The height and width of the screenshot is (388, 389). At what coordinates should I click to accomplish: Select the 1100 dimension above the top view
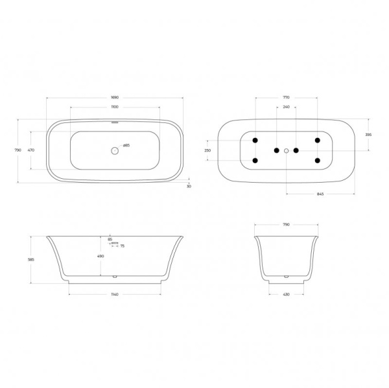point(114,106)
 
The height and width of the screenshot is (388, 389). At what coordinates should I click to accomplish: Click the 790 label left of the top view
point(18,150)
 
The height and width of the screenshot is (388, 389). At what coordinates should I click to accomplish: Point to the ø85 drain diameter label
point(126,146)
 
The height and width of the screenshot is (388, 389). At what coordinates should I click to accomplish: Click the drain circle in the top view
point(114,150)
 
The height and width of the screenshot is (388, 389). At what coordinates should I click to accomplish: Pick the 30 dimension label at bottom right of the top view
point(189,186)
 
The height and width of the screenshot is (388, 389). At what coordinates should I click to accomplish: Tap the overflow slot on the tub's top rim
point(115,121)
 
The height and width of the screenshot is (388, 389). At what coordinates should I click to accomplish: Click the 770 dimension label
point(286,97)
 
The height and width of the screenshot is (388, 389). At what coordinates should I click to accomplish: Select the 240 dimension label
point(286,106)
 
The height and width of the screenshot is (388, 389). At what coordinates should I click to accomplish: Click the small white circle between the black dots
point(286,150)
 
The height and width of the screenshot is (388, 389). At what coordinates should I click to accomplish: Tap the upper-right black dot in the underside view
point(317,140)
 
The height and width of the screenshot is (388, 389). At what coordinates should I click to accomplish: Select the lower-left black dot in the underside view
point(255,161)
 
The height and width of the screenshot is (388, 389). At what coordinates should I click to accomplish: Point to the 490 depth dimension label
point(100,256)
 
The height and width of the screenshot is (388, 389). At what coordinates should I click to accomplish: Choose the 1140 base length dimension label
point(114,295)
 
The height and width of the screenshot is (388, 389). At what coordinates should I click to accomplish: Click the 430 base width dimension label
point(286,295)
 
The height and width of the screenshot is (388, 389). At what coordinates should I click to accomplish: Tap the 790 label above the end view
point(286,224)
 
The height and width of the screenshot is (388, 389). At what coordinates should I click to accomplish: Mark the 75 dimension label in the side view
point(123,245)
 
